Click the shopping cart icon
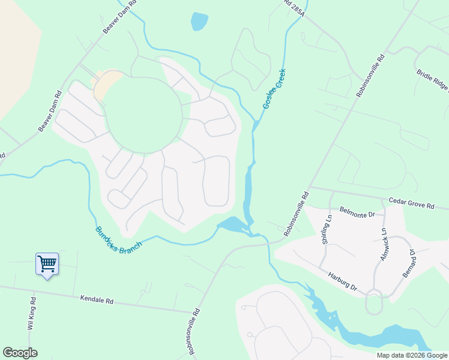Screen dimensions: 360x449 click(47, 263)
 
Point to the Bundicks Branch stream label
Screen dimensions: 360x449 click(118, 238)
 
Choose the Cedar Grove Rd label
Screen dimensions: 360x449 click(411, 205)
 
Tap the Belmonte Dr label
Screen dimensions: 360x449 click(357, 212)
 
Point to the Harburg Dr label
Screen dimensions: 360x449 click(343, 282)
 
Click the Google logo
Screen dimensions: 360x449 click(20, 353)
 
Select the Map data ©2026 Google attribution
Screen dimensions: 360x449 click(412, 355)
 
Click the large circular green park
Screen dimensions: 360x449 click(144, 115)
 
